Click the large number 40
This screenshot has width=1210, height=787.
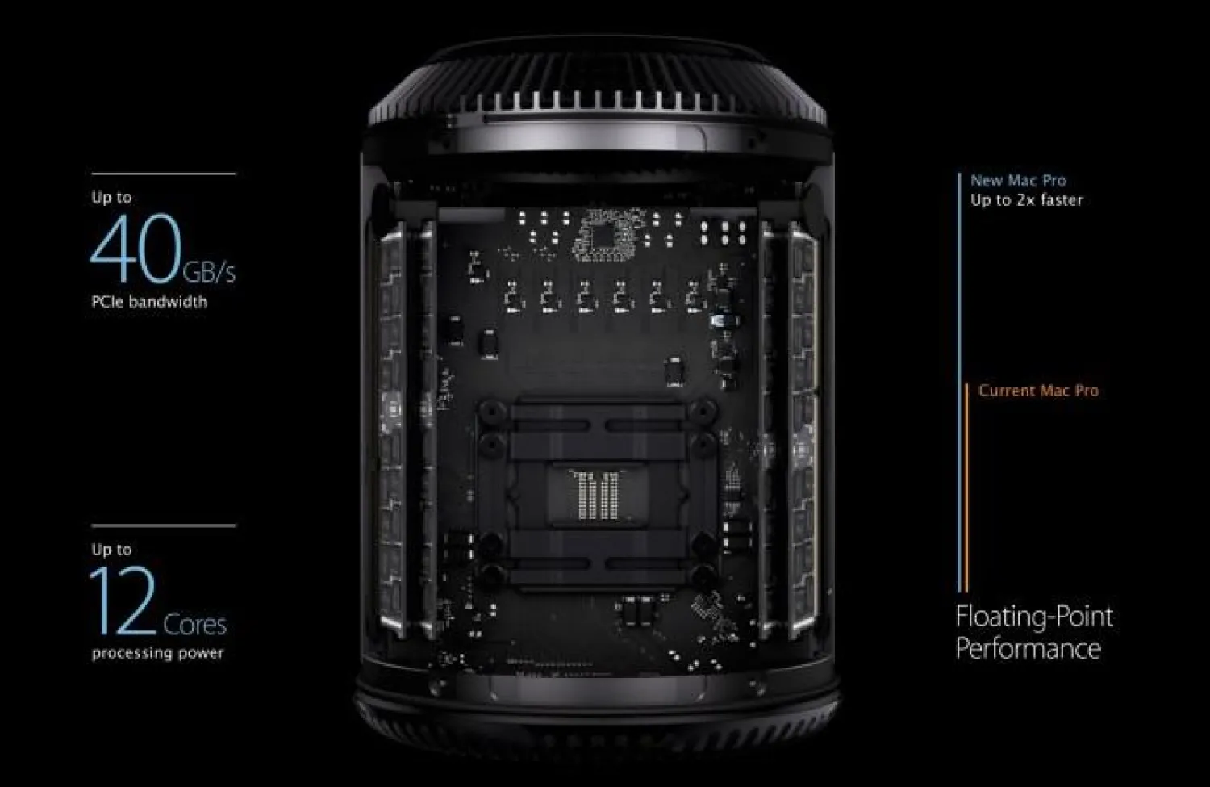136,248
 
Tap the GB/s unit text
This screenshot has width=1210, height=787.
209,272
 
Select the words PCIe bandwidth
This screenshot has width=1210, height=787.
149,302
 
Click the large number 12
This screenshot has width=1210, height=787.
123,601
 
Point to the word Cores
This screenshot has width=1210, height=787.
194,624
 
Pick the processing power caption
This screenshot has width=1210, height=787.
157,654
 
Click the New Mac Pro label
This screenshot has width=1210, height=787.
1018,181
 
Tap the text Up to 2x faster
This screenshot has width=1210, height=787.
1027,200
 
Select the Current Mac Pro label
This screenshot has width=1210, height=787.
1039,391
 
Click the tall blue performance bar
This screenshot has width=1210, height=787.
959,382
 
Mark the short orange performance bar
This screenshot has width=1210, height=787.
966,488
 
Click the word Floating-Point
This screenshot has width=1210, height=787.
1034,617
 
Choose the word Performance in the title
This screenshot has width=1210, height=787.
1028,649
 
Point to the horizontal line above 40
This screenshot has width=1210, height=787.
164,174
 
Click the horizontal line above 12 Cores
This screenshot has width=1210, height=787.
164,525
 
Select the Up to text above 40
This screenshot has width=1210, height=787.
112,197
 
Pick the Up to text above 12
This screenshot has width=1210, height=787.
112,550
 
